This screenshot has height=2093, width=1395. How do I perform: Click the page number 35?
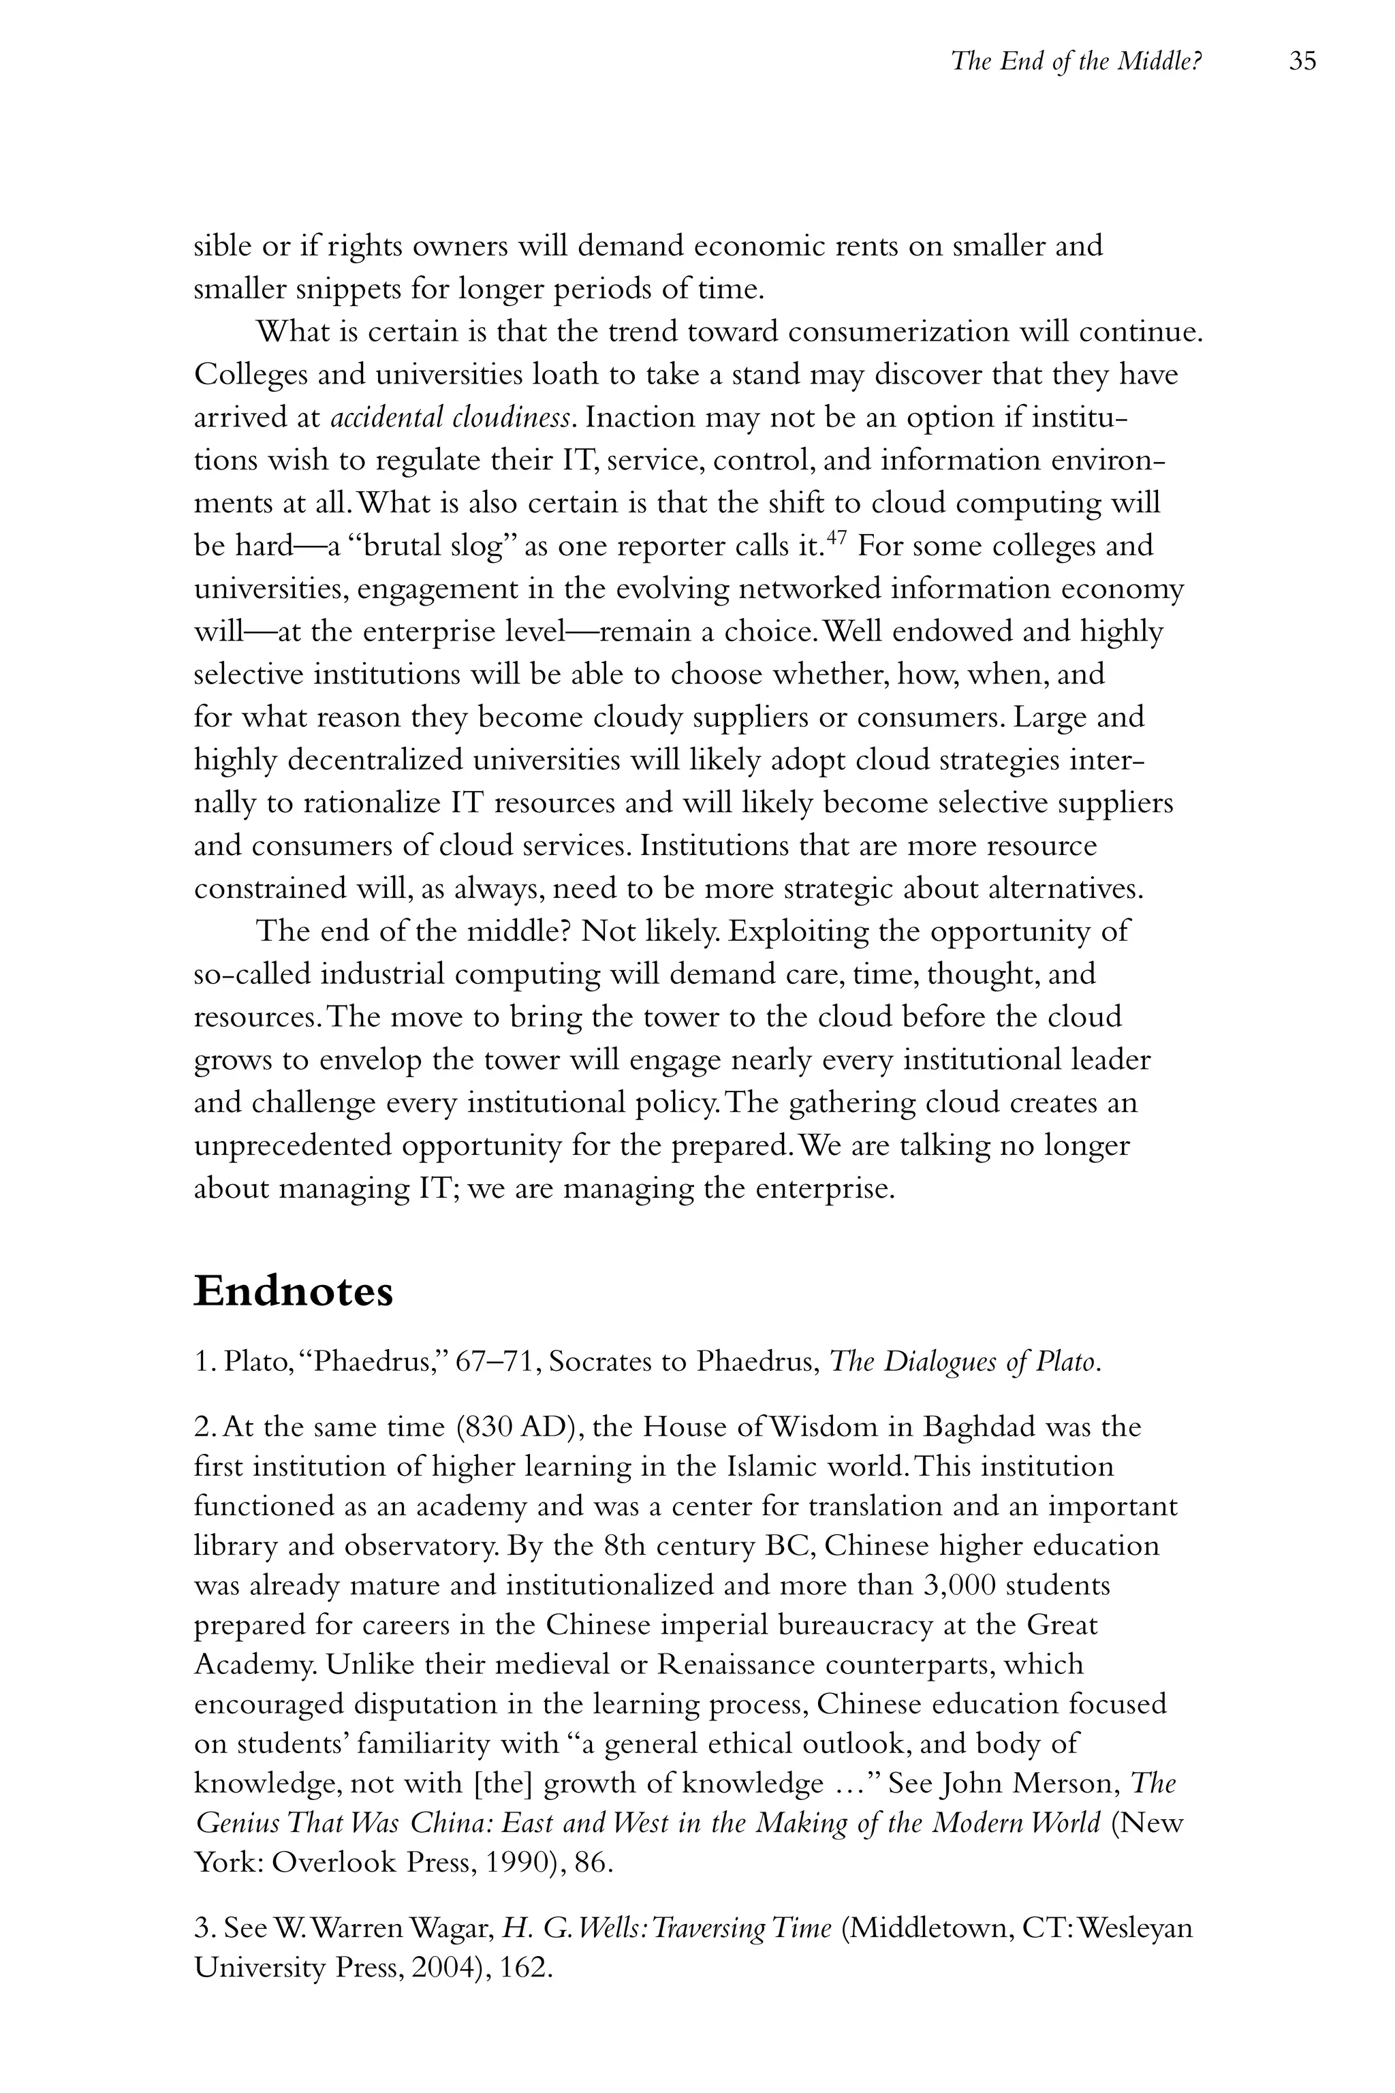point(1302,61)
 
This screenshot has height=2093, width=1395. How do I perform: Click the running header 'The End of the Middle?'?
point(1076,61)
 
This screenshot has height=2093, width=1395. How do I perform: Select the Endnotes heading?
point(293,1291)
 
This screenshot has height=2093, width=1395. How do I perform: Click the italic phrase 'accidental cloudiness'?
point(450,418)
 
